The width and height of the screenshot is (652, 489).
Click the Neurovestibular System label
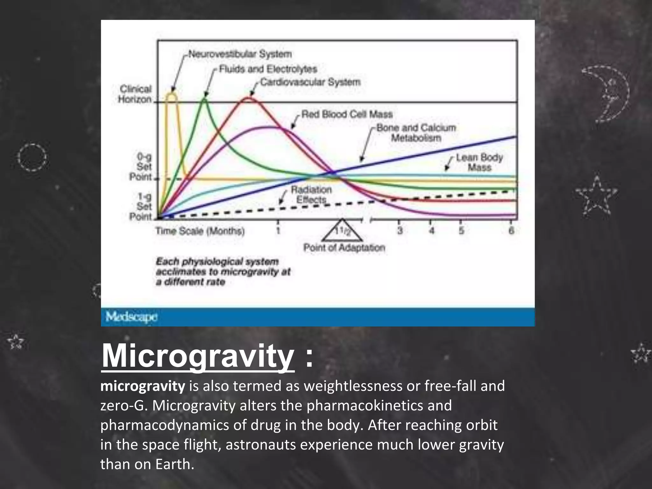240,54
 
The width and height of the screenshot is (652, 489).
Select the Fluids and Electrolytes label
268,69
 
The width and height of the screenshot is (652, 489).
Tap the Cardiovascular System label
310,82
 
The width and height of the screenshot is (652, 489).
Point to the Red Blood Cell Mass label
347,114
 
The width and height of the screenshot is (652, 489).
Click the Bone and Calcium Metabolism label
416,133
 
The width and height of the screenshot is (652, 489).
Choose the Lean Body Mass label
479,162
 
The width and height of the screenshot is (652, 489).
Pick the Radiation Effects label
311,195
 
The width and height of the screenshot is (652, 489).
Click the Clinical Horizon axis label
135,94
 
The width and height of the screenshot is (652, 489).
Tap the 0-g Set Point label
141,167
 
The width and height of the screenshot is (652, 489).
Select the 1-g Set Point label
141,207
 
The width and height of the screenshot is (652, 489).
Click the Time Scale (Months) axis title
200,231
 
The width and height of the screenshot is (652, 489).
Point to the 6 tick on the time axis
511,230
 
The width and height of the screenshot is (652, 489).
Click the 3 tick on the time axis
400,230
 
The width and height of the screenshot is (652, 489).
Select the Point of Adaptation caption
344,248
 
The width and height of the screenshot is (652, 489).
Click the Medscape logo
131,317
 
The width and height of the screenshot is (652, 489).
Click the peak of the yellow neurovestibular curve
172,93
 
